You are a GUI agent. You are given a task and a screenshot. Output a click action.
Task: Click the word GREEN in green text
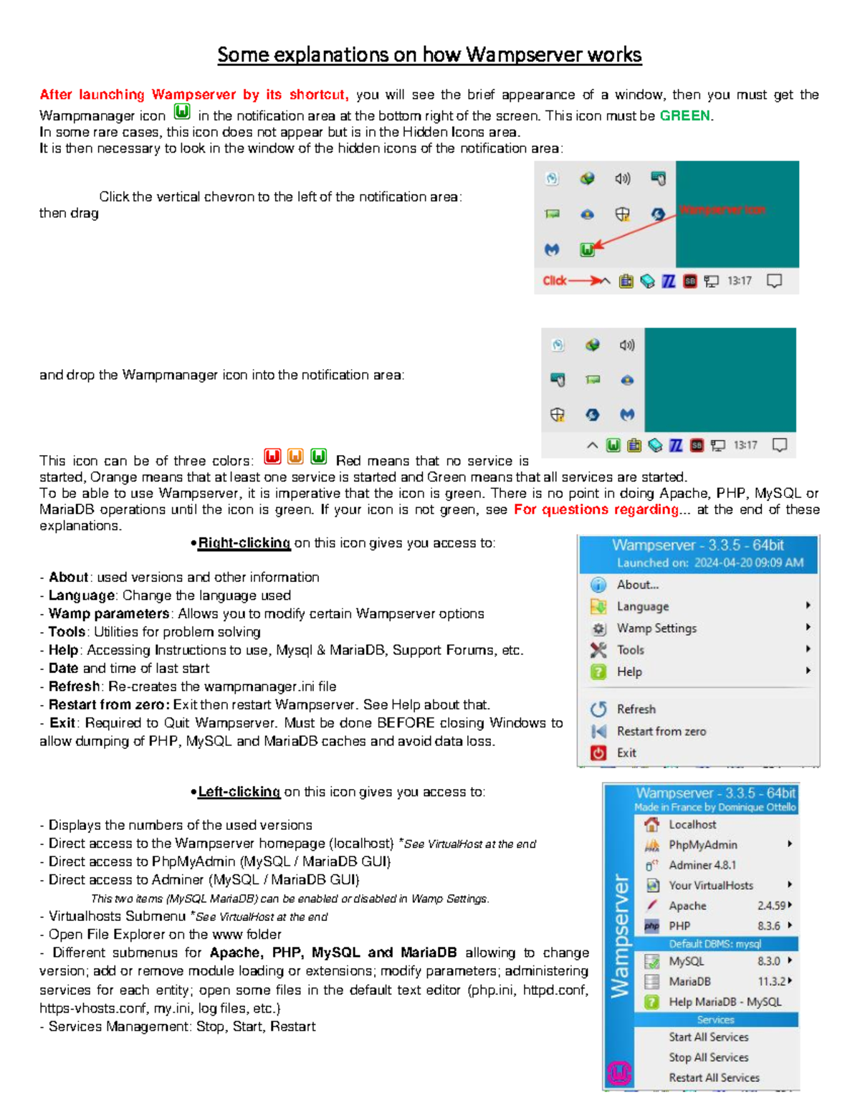(x=684, y=115)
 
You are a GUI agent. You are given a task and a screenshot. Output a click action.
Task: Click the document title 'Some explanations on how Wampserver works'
(x=429, y=54)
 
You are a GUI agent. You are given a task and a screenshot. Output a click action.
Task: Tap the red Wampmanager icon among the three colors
(x=272, y=457)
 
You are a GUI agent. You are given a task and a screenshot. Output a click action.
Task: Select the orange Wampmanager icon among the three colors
(x=295, y=457)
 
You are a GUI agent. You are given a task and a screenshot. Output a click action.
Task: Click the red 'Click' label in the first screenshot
(x=554, y=280)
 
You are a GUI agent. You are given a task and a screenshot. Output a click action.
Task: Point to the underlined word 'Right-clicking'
(x=244, y=543)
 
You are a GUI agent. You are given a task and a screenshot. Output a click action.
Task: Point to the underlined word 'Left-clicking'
(x=239, y=791)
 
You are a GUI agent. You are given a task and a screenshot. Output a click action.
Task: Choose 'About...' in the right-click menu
(x=637, y=585)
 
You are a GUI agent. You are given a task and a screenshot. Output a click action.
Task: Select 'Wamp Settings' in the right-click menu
(x=656, y=629)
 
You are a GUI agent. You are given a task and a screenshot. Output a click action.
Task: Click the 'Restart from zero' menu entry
(x=661, y=731)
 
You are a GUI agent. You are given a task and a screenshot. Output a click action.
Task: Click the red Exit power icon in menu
(x=598, y=753)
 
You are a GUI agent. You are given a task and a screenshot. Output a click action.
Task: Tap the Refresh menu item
(x=636, y=709)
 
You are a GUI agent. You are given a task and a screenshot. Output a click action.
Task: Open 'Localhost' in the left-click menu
(x=692, y=825)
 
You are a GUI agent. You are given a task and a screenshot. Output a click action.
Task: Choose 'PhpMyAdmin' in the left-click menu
(x=702, y=845)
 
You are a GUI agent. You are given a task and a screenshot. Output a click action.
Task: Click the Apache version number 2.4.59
(x=771, y=906)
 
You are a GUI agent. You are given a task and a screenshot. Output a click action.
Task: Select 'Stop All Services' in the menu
(x=708, y=1057)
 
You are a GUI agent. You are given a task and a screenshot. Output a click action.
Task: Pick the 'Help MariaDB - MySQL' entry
(x=725, y=1002)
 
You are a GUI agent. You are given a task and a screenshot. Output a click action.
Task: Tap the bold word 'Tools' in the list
(x=67, y=631)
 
